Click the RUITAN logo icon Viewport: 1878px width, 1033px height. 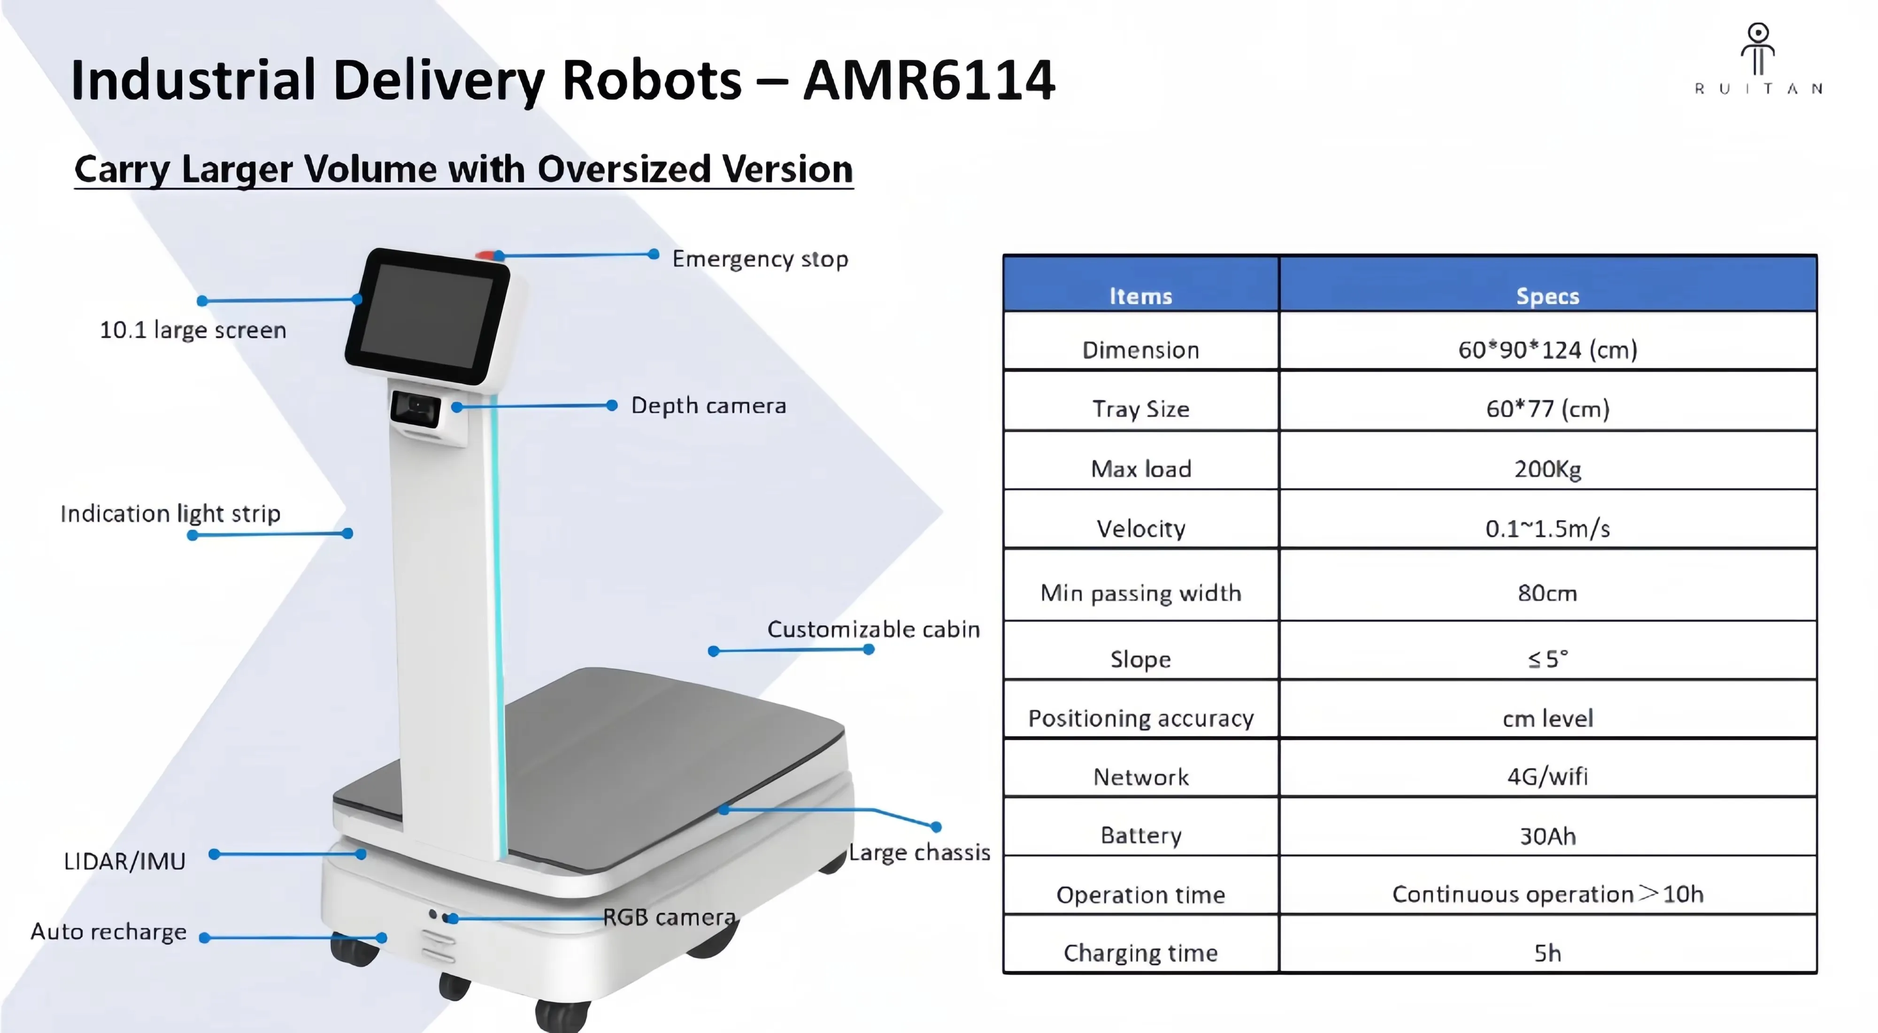pyautogui.click(x=1758, y=50)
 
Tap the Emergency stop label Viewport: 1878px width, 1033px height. pyautogui.click(x=760, y=259)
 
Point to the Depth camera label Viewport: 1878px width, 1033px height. pyautogui.click(x=708, y=405)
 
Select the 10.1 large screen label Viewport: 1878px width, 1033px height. pyautogui.click(x=192, y=330)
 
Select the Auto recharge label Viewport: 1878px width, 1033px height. pyautogui.click(x=108, y=932)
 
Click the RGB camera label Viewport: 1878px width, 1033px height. pyautogui.click(x=669, y=917)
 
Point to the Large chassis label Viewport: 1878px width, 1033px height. pyautogui.click(x=919, y=852)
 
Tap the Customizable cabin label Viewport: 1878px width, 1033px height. pyautogui.click(x=873, y=629)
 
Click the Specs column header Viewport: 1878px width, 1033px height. pyautogui.click(x=1547, y=296)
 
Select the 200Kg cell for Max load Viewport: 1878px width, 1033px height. pyautogui.click(x=1547, y=469)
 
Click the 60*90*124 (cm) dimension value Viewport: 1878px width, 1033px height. pyautogui.click(x=1547, y=350)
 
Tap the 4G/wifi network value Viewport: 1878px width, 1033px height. pyautogui.click(x=1547, y=776)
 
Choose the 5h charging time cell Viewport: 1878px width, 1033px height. pyautogui.click(x=1547, y=953)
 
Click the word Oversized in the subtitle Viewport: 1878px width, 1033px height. pyautogui.click(x=623, y=169)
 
